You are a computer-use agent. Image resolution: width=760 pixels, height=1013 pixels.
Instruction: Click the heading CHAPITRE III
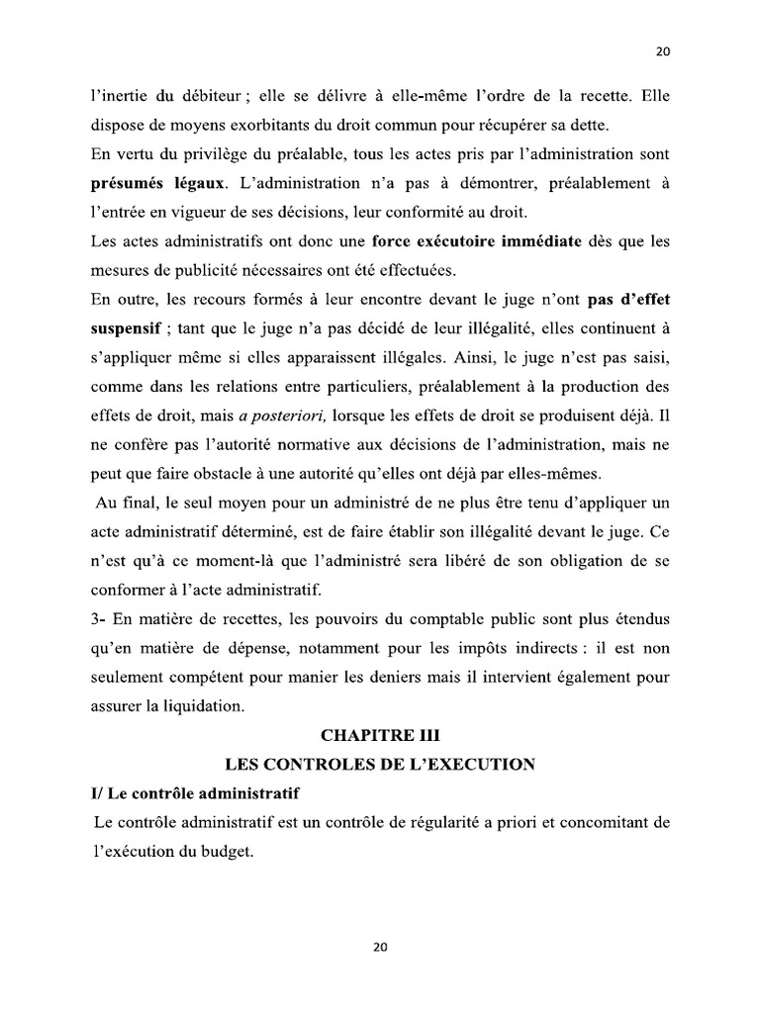pos(380,736)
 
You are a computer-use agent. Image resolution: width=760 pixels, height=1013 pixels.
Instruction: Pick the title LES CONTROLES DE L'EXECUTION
pos(380,764)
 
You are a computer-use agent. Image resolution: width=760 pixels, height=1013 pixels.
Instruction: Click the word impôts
pos(454,648)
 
